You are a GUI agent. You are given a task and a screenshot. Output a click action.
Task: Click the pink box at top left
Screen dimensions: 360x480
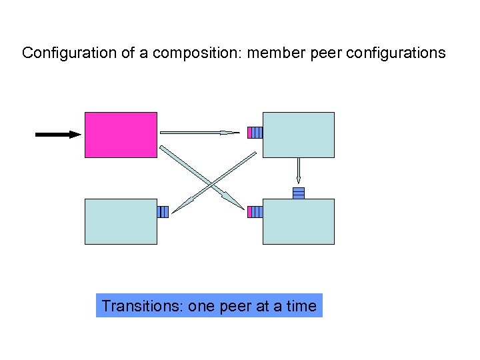(121, 135)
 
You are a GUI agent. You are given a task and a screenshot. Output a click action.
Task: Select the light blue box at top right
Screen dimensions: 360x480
(298, 135)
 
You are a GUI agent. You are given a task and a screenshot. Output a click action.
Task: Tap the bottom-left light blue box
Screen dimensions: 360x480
(121, 221)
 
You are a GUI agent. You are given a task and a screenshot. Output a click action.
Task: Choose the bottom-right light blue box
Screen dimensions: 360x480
(298, 221)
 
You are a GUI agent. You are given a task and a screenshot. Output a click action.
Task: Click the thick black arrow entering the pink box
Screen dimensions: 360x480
(57, 135)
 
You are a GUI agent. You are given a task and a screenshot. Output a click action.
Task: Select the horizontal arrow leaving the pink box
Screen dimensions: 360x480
(199, 133)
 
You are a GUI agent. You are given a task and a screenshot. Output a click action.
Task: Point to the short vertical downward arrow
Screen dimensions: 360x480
(299, 170)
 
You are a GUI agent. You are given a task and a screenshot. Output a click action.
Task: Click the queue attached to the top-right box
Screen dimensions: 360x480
(255, 133)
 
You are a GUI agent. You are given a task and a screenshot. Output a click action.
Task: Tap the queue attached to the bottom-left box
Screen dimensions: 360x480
(163, 212)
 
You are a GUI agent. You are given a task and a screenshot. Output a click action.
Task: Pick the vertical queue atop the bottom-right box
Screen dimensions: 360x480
(299, 193)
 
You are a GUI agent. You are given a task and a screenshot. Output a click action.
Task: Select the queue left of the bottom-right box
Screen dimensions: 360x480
(255, 212)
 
